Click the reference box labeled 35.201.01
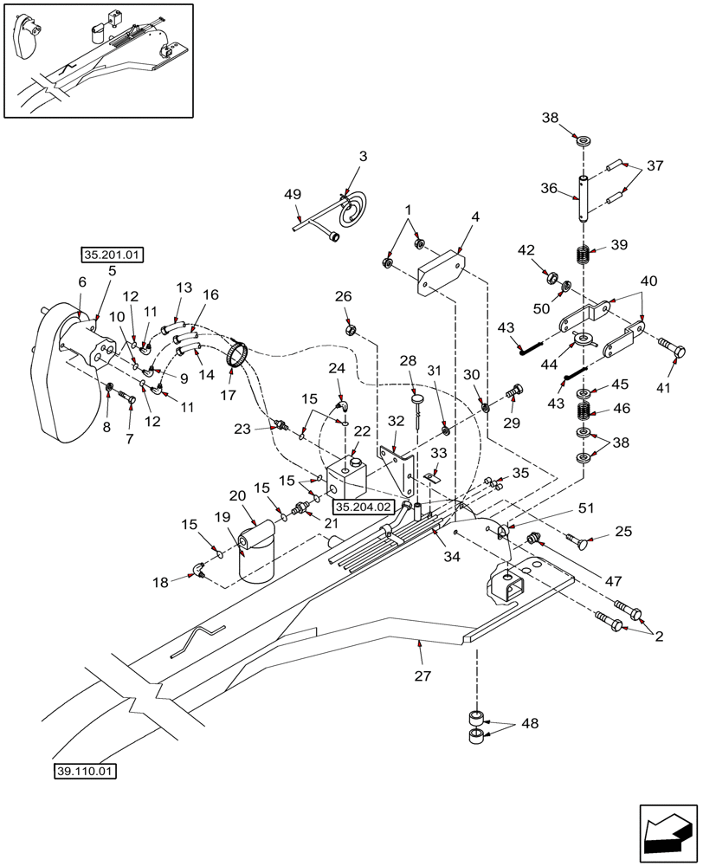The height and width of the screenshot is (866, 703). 113,255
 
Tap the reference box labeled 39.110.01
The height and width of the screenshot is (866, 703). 86,771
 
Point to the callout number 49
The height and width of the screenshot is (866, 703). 293,196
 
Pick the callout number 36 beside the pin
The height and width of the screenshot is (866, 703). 550,188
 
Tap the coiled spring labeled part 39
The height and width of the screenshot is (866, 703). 584,256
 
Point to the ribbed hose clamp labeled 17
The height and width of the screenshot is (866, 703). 238,356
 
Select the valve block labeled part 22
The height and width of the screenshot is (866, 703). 348,477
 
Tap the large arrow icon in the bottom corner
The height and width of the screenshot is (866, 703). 668,833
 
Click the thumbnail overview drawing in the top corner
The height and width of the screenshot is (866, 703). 99,61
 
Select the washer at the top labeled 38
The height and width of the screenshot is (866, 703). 584,139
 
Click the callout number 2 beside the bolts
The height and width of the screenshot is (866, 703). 658,637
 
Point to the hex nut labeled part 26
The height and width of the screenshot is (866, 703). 351,330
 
